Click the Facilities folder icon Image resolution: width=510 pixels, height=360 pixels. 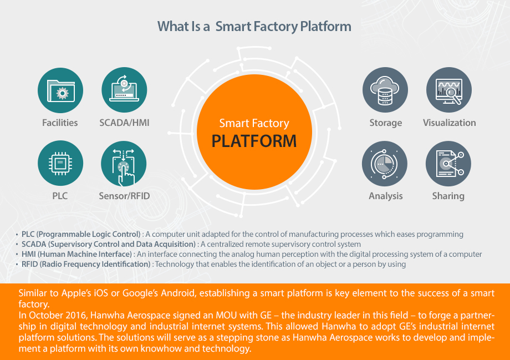click(x=60, y=90)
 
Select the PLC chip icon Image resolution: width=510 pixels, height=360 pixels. click(x=60, y=163)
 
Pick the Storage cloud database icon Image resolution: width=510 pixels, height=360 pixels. click(x=385, y=90)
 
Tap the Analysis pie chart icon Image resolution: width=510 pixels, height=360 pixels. click(x=385, y=164)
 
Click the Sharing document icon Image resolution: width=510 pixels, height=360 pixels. click(x=448, y=164)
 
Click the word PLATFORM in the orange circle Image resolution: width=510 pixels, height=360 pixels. click(x=254, y=141)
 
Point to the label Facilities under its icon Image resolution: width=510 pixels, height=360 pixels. click(x=60, y=123)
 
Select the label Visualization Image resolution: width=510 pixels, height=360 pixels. click(x=449, y=123)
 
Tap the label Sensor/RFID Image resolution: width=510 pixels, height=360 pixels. click(x=124, y=196)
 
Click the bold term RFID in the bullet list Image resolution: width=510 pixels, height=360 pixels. click(x=29, y=264)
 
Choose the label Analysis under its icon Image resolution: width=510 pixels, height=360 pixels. click(x=386, y=196)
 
